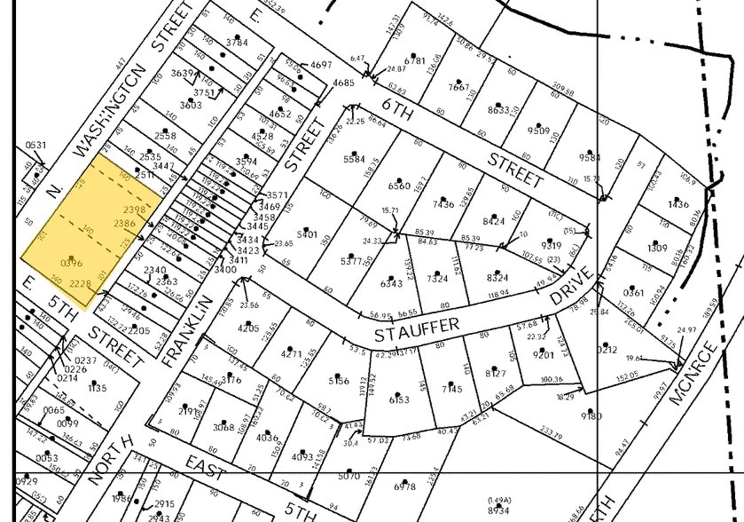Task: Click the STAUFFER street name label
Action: [417, 328]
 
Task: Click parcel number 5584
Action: [354, 160]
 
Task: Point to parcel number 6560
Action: [400, 186]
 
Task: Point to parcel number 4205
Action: [249, 328]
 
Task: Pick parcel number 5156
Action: [340, 381]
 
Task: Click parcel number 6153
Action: [400, 399]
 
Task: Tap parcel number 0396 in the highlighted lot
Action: [72, 264]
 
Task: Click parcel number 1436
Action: [678, 205]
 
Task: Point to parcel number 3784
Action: [237, 42]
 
